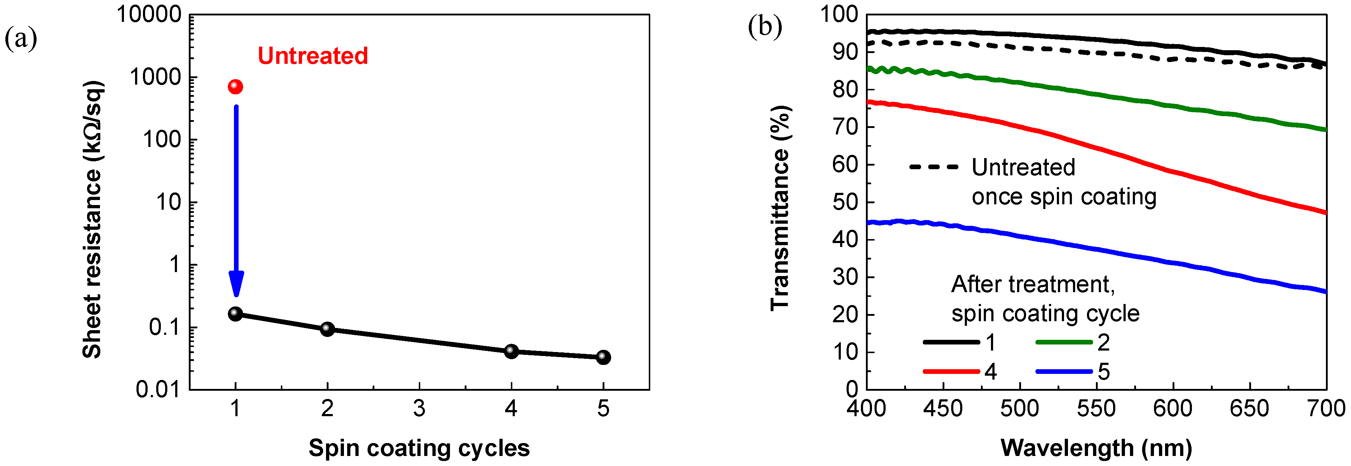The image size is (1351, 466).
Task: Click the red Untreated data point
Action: point(235,87)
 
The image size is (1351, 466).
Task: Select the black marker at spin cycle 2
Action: point(327,329)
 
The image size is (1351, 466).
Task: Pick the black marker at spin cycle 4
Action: point(511,351)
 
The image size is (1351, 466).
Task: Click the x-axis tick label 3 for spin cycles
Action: point(419,408)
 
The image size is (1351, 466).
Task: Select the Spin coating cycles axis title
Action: point(419,448)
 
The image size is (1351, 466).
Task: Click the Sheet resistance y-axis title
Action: point(92,219)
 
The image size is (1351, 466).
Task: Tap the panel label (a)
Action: point(21,38)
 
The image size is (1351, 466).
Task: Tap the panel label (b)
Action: point(765,26)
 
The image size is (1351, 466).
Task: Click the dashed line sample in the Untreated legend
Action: point(934,167)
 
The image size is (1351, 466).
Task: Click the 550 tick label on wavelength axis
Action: point(1096,408)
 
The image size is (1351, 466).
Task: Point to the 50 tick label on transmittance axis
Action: point(845,202)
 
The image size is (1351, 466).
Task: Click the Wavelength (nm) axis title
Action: point(1096,448)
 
